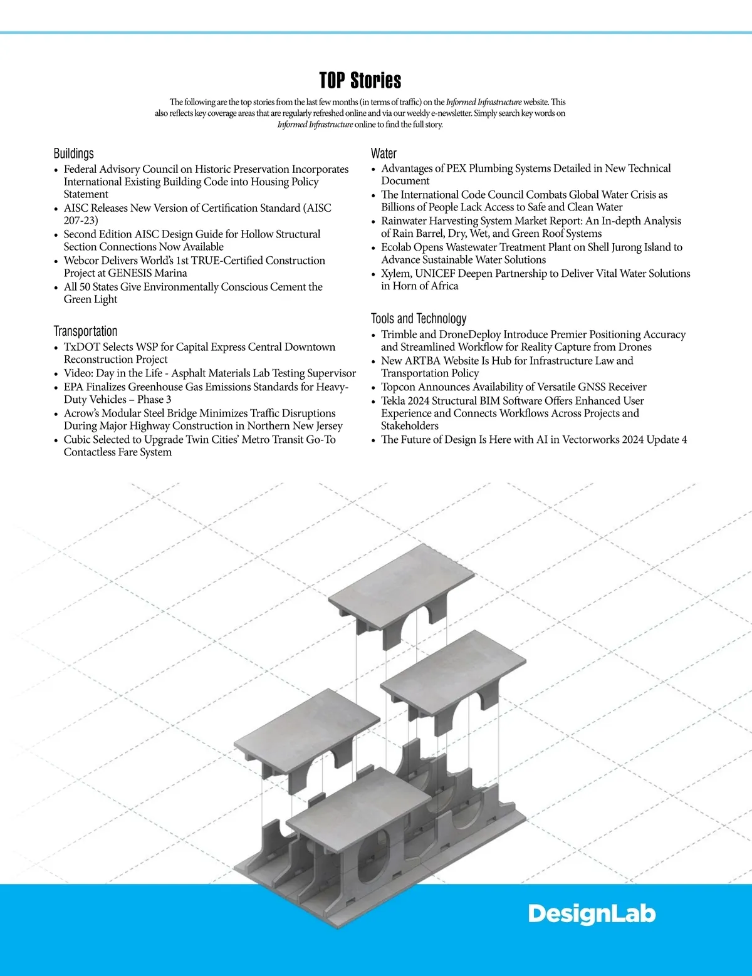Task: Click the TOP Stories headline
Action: [360, 81]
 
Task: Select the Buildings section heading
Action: [73, 153]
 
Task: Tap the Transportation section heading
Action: [85, 331]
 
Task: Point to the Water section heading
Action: [384, 153]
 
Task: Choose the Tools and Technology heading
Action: [418, 319]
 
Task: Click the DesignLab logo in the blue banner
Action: [591, 915]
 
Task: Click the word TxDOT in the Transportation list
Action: [80, 347]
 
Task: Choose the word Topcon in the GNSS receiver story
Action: [398, 387]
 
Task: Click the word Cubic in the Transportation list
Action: [77, 440]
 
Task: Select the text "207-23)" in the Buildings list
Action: [81, 221]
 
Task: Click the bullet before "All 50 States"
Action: [56, 288]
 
